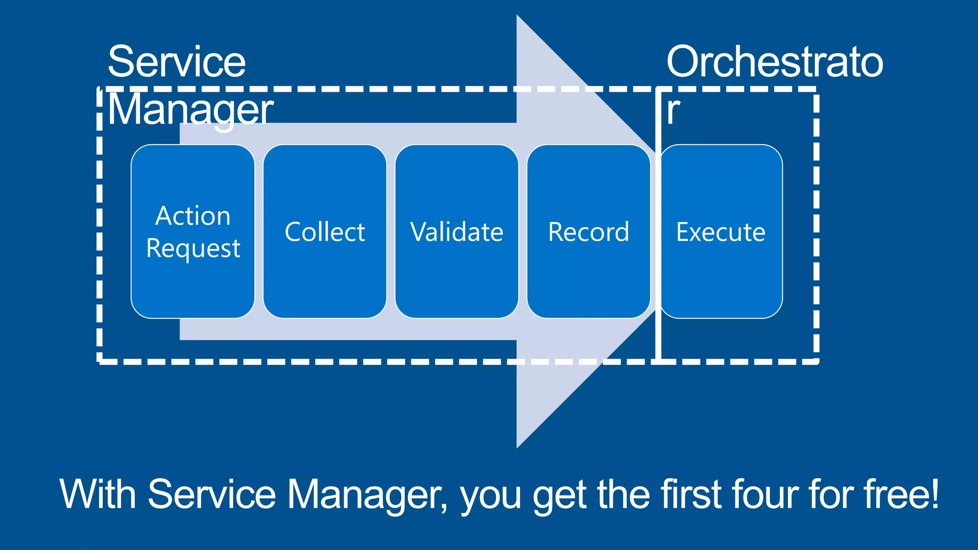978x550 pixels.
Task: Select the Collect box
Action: [x=325, y=232]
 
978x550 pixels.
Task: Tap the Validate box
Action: [x=457, y=232]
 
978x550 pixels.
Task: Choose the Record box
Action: [x=588, y=232]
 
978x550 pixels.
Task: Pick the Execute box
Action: [x=721, y=232]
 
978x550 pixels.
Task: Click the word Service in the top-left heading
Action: [x=177, y=62]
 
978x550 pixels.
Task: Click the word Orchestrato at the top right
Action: [x=775, y=62]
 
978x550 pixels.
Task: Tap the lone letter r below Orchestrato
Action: [x=673, y=111]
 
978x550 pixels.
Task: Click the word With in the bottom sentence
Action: [x=98, y=494]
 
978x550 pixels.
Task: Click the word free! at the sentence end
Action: [x=901, y=494]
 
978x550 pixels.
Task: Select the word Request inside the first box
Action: [x=193, y=249]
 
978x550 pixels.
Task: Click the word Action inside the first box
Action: [x=193, y=216]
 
